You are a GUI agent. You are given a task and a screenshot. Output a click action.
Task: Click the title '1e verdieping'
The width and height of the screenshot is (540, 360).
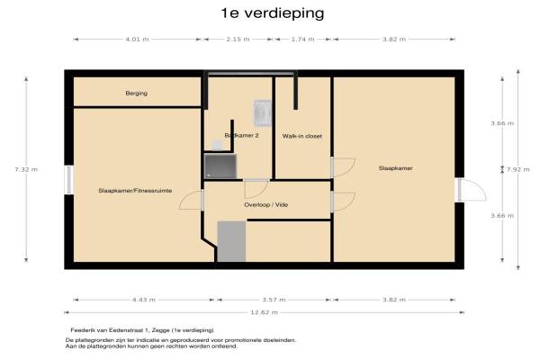point(273,13)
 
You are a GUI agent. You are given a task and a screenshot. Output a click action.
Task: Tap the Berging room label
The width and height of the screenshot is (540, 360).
point(137,94)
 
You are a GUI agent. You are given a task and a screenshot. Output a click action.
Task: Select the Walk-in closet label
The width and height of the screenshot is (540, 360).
point(302,136)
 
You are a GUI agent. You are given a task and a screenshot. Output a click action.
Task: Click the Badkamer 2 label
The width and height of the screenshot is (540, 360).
point(241,135)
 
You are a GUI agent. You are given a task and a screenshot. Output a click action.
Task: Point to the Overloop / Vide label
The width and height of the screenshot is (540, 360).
point(265,204)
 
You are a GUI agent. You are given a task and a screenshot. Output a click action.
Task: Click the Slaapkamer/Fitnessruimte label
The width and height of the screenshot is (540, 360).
point(135,191)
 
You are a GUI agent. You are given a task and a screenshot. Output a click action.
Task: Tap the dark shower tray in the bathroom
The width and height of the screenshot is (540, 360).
point(220,166)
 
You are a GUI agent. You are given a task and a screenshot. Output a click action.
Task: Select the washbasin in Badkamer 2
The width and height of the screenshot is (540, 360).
point(263,113)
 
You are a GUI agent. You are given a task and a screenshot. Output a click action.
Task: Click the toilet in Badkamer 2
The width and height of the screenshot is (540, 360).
point(218,146)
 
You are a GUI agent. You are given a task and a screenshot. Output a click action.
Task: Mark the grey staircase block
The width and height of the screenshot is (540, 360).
point(231,241)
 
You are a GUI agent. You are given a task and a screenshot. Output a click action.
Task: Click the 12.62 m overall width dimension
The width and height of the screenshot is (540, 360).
point(264,312)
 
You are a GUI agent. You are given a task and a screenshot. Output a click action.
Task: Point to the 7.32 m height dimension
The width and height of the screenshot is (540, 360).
point(26,169)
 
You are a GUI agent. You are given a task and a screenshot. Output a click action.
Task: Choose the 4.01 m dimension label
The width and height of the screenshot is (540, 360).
point(137,40)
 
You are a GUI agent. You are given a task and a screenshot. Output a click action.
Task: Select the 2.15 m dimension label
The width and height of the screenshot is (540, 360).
point(238,40)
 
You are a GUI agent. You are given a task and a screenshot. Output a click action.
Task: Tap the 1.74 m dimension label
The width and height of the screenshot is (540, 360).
point(302,40)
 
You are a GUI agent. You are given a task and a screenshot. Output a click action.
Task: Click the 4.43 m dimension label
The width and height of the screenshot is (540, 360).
point(144,300)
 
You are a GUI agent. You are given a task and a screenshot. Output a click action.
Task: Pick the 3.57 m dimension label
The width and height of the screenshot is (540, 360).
point(274,300)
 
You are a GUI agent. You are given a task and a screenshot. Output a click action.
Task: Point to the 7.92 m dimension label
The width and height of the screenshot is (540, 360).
point(518,169)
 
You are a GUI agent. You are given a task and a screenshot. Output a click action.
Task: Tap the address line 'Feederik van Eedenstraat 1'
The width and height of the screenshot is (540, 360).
point(110,330)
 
